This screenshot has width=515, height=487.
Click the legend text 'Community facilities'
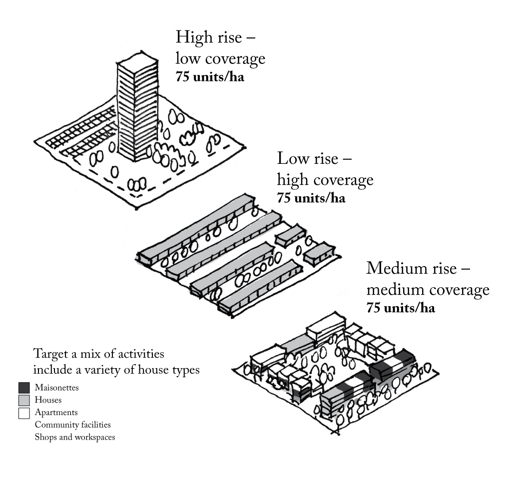[72, 425]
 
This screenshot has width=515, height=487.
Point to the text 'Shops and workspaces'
[75, 438]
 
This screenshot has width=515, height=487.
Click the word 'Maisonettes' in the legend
[56, 388]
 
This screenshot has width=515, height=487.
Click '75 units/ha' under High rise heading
[210, 78]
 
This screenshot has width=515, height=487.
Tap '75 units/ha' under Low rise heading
[311, 198]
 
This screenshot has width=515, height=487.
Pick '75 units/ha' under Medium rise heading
[401, 308]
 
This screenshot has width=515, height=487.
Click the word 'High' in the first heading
[192, 37]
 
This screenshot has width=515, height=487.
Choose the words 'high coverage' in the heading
[325, 180]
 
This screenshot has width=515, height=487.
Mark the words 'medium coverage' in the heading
[428, 290]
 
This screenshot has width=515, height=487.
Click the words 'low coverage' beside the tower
[220, 59]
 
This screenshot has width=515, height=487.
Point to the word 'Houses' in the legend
[48, 401]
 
